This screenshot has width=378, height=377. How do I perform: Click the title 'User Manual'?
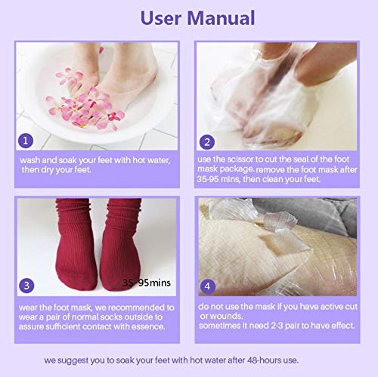[x=189, y=19]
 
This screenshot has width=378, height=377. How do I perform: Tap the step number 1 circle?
[x=26, y=141]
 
